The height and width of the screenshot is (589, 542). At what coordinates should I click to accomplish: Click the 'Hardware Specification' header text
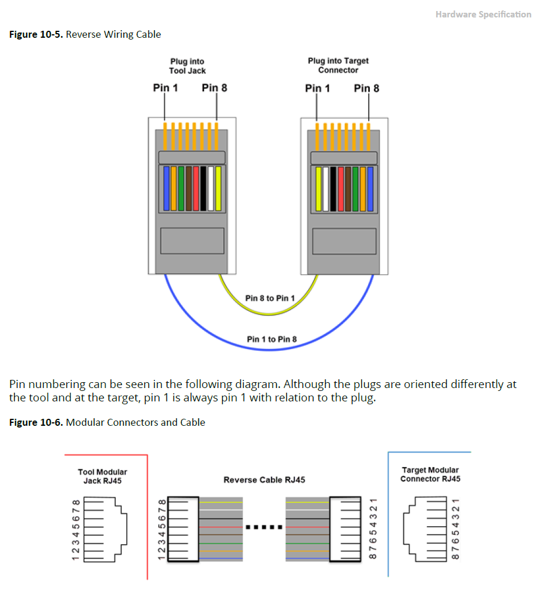coord(483,15)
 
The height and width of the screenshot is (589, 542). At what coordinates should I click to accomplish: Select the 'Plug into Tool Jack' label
coord(187,66)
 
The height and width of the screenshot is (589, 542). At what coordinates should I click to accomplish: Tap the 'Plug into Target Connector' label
coord(338,65)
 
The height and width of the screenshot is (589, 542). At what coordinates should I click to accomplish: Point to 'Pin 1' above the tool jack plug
coord(165,88)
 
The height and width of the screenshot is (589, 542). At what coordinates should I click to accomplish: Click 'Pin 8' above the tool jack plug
coord(215,88)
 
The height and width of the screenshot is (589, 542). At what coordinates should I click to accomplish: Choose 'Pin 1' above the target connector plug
coord(317,88)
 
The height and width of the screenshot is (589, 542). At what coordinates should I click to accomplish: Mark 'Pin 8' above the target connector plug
coord(366,88)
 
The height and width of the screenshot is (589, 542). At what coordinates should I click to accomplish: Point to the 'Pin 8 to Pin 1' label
coord(270,298)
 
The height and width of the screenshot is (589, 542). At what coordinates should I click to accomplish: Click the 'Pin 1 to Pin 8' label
coord(272,339)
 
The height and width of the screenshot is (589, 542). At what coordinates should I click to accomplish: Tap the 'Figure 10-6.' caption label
coord(36,422)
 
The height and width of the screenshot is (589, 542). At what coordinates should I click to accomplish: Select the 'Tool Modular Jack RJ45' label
coord(102,476)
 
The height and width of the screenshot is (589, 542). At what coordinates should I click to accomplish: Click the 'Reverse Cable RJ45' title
coord(264,480)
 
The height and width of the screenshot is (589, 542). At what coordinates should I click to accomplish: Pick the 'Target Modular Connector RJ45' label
coord(430,474)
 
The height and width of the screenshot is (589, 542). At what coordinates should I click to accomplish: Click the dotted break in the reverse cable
coord(264,527)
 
